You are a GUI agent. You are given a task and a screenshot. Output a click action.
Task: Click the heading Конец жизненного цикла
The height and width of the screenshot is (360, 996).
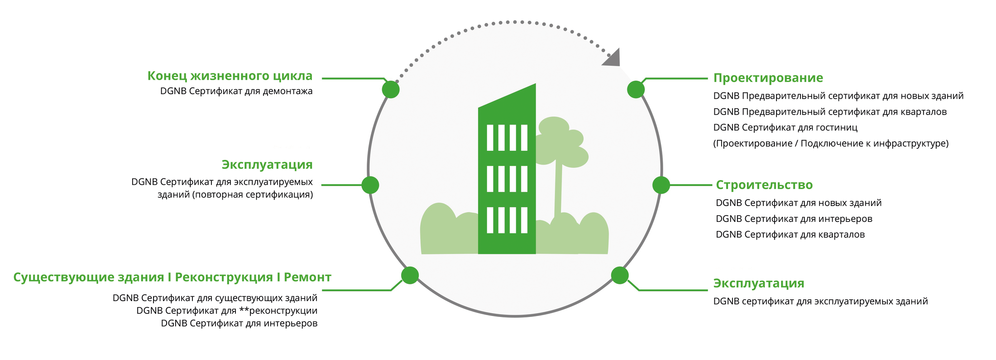click(230, 76)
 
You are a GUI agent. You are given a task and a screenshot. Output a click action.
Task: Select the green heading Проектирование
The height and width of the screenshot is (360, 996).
click(768, 78)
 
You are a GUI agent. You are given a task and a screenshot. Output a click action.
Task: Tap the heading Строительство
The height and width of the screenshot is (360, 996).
click(764, 185)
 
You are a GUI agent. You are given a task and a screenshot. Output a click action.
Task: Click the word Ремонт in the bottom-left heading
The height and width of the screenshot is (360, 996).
click(307, 277)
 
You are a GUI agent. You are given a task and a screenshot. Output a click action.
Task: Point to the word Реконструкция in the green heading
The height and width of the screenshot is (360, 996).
click(224, 277)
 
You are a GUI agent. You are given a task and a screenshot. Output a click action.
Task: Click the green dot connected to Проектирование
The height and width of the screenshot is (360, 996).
click(636, 90)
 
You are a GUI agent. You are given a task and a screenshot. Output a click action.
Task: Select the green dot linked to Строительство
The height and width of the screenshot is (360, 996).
click(661, 185)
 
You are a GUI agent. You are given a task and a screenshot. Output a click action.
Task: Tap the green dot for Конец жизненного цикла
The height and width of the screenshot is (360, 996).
click(391, 90)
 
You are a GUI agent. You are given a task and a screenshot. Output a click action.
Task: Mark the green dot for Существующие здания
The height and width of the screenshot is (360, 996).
click(410, 275)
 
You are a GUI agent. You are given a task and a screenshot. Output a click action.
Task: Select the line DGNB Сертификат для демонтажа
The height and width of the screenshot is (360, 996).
click(236, 91)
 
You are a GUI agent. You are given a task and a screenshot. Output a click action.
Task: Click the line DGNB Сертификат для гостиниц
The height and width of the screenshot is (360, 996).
click(785, 128)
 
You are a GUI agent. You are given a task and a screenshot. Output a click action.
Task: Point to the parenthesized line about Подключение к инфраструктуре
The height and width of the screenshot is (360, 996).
click(831, 144)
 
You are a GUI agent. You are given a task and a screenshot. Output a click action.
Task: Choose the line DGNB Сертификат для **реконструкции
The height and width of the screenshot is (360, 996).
click(227, 311)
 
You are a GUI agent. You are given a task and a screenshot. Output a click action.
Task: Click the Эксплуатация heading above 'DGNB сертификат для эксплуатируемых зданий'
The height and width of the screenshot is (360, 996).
click(759, 283)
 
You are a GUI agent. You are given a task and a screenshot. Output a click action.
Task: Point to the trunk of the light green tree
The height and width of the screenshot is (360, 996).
click(558, 190)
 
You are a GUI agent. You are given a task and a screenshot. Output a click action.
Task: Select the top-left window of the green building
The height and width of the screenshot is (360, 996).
click(490, 138)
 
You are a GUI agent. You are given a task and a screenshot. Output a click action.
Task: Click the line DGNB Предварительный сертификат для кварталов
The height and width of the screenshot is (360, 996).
click(830, 112)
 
